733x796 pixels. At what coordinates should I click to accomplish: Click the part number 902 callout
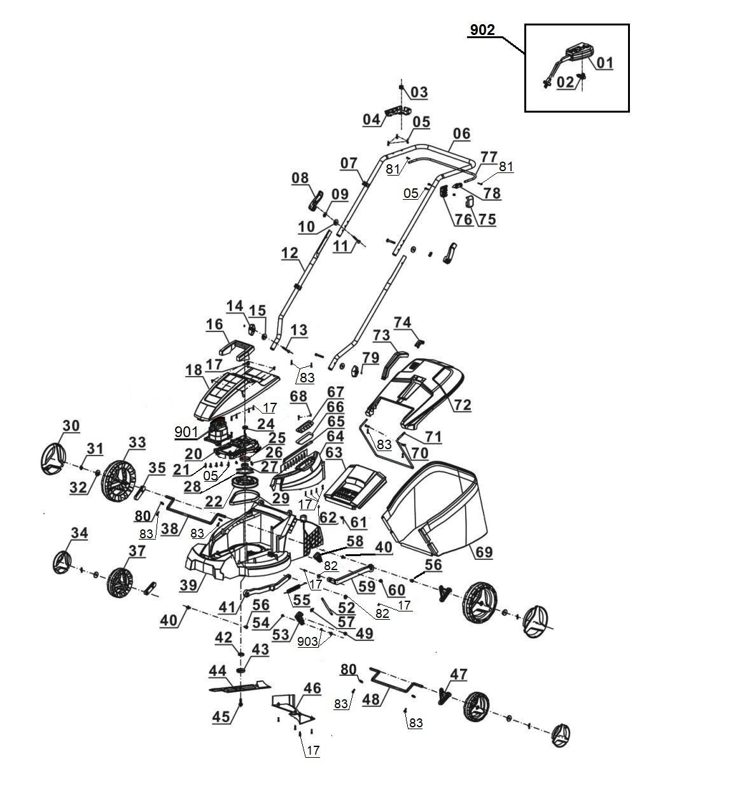(482, 30)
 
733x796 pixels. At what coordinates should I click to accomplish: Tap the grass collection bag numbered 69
(435, 508)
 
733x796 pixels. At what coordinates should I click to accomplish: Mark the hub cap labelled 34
(62, 562)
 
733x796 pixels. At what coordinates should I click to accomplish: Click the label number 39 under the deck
(188, 585)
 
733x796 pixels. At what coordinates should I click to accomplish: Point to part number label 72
(463, 405)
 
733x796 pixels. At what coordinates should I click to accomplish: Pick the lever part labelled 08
(316, 202)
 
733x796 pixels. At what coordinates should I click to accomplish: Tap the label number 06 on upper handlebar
(461, 134)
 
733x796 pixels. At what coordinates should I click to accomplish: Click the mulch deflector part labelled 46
(293, 709)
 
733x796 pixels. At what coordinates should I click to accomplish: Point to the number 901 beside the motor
(186, 432)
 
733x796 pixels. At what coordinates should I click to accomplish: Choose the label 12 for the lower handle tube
(290, 253)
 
